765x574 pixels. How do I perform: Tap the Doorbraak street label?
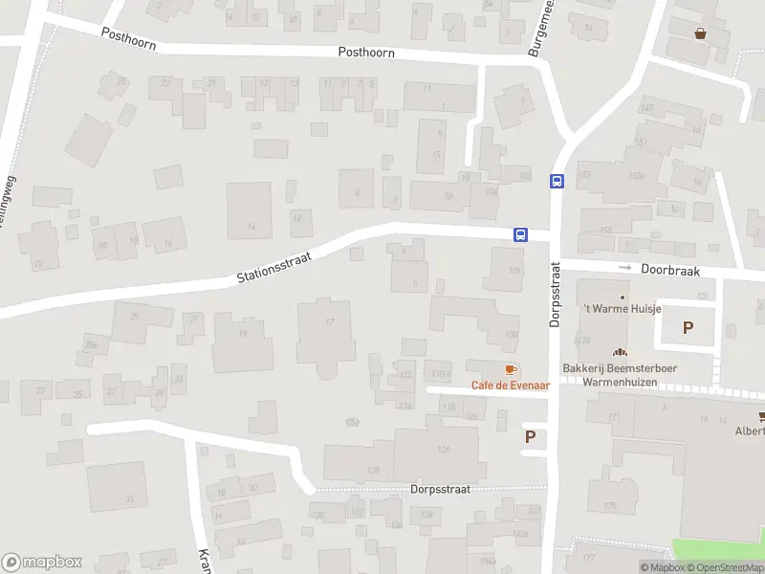point(670,271)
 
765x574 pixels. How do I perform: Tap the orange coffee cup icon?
point(510,369)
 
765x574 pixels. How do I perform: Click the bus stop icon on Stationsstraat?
point(520,234)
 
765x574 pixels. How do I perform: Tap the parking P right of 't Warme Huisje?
point(687,328)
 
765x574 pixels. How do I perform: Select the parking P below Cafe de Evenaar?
point(530,437)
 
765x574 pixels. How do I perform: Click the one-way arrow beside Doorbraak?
point(625,268)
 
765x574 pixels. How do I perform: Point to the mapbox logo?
point(42,563)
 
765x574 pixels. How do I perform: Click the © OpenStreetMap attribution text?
point(724,567)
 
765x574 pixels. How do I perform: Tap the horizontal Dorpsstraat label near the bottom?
point(440,488)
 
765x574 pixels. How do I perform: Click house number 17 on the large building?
point(330,321)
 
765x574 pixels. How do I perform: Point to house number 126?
point(443,449)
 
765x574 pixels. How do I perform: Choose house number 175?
point(609,506)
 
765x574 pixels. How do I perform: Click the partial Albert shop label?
point(749,430)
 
